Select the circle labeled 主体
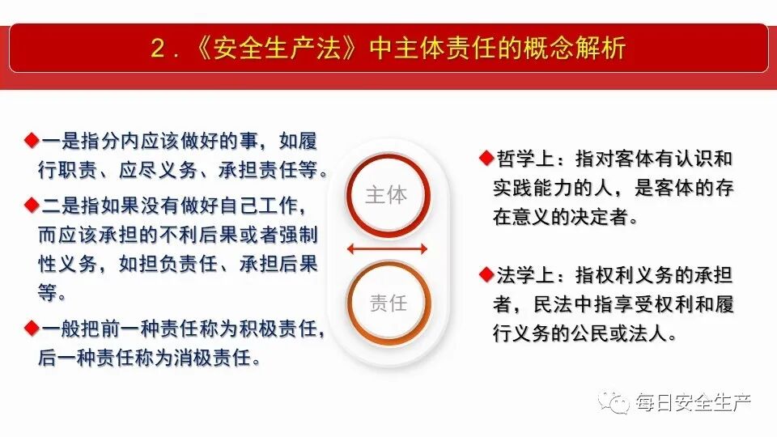(387, 195)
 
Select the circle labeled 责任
(388, 303)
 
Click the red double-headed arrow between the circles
(388, 248)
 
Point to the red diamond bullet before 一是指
(32, 140)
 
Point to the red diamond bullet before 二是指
(32, 203)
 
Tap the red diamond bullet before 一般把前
(32, 327)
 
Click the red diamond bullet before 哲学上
(486, 155)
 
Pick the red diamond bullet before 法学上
(486, 274)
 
